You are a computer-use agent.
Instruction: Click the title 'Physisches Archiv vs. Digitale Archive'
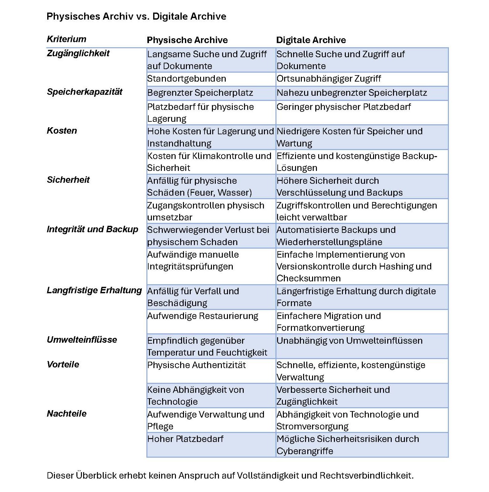coord(136,16)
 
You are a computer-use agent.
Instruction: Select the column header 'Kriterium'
coord(66,39)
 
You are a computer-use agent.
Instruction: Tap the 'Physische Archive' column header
coord(187,40)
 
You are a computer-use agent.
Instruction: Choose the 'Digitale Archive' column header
coord(311,40)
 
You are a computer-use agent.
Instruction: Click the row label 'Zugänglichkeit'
coord(78,53)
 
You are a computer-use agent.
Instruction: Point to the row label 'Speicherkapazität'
coord(84,92)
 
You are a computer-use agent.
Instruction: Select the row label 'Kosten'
coord(62,131)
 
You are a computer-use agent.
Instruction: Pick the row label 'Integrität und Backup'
coord(92,229)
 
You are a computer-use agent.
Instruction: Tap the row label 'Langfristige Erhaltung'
coord(94,290)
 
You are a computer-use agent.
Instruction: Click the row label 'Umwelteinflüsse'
coord(82,340)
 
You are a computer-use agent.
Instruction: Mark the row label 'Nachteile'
coord(66,414)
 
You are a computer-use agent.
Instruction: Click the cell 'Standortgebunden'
coord(187,79)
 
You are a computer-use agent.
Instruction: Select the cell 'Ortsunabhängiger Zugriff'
coord(328,79)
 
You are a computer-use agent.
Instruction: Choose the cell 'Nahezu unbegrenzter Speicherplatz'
coord(352,93)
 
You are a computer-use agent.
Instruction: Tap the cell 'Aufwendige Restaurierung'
coord(203,316)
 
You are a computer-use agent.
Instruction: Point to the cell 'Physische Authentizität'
coord(196,365)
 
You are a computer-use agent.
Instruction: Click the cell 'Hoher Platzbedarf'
coord(185,439)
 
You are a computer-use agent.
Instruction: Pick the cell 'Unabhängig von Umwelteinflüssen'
coord(349,341)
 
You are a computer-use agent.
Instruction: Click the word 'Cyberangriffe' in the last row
coord(305,451)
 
